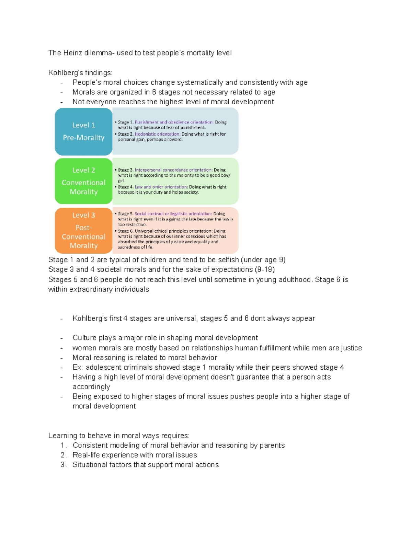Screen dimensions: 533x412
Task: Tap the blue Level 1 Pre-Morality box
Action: click(83, 131)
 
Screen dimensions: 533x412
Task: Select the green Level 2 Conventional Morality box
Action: click(83, 181)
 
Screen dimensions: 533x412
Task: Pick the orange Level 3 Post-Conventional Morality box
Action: click(83, 230)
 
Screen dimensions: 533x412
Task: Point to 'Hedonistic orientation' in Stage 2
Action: click(157, 134)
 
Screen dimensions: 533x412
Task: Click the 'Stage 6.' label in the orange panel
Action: click(125, 231)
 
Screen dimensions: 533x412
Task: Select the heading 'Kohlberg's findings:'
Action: click(80, 73)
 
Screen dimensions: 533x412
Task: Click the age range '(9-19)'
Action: click(265, 269)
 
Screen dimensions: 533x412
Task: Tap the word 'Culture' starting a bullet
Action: click(84, 338)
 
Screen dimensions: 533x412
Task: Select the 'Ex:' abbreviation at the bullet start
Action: click(78, 367)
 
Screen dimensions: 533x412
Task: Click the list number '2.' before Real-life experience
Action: click(64, 455)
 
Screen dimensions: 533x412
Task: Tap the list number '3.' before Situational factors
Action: click(64, 465)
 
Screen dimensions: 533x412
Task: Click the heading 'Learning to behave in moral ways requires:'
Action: click(119, 436)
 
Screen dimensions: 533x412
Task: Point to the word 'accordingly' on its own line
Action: click(91, 387)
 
